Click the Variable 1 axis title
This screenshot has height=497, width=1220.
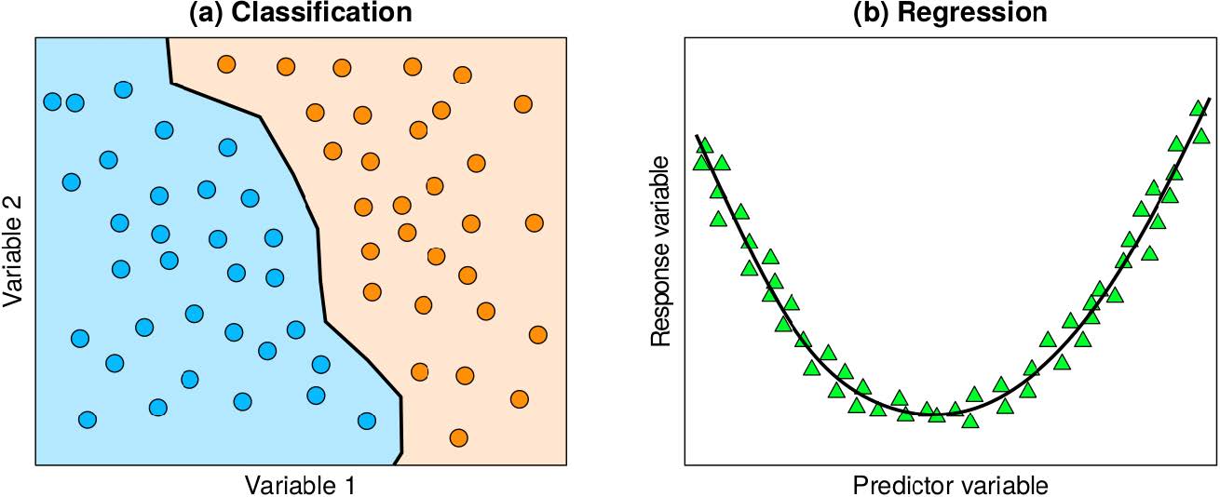[x=299, y=485]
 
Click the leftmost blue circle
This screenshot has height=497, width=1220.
[x=53, y=101]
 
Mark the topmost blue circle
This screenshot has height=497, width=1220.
[x=123, y=89]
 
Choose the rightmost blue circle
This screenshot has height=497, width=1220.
[x=367, y=421]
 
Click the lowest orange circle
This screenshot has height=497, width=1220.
[x=457, y=437]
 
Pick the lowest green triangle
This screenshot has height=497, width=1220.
[x=969, y=421]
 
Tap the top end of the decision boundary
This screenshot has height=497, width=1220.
[x=168, y=38]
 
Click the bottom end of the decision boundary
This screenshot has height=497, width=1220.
[x=395, y=463]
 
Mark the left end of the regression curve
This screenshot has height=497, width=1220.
[x=697, y=136]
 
